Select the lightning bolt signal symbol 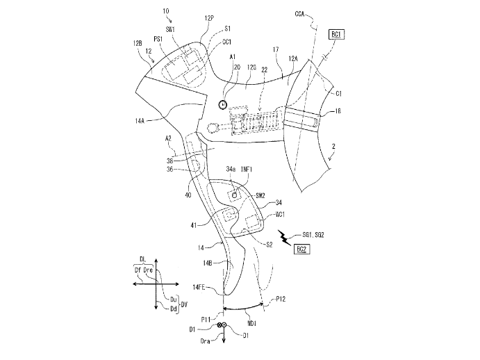284,238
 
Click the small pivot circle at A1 222,104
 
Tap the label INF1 251,169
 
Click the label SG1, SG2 311,236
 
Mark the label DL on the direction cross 142,257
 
